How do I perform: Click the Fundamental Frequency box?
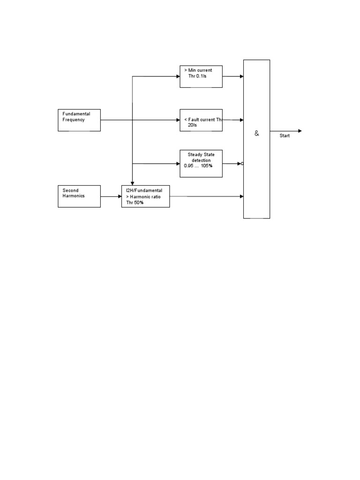79,120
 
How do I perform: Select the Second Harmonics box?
79,196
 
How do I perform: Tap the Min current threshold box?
201,76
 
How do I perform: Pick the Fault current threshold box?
201,120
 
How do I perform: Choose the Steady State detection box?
201,164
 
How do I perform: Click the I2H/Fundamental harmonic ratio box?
145,196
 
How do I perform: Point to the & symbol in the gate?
256,134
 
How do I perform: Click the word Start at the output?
285,136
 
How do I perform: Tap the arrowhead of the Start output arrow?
300,131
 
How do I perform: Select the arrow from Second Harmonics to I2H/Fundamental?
111,196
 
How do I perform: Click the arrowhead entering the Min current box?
178,76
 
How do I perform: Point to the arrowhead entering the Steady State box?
178,164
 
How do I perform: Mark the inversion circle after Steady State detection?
242,164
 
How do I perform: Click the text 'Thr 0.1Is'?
197,76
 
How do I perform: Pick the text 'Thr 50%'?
135,202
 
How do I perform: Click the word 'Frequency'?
74,120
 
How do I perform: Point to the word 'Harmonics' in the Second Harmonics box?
74,196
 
